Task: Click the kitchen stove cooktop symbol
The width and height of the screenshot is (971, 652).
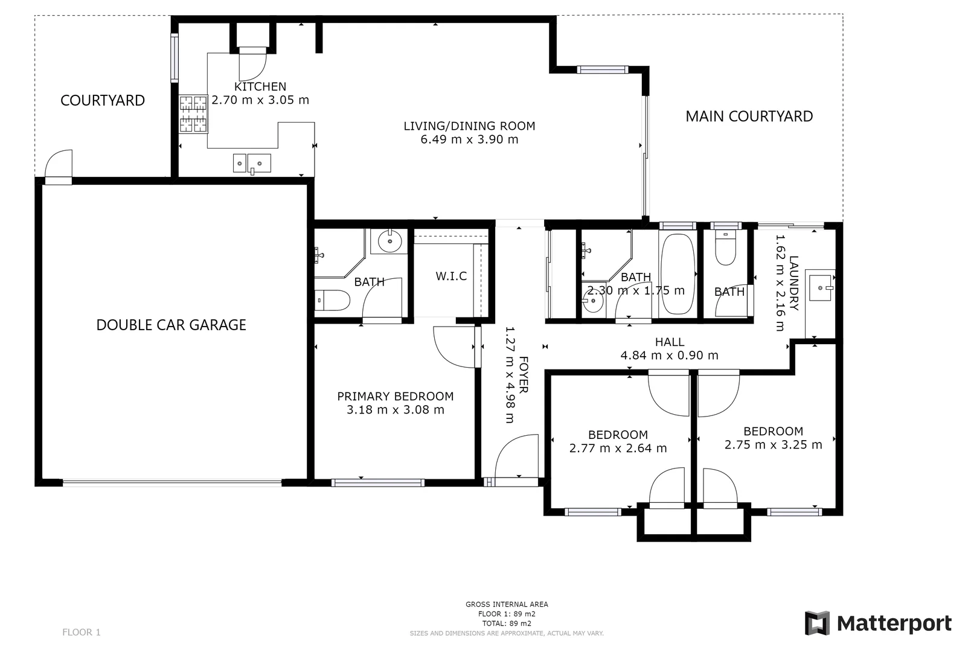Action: coord(193,114)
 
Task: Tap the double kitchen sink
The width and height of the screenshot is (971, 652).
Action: coord(252,163)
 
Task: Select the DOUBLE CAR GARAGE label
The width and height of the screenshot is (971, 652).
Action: coord(171,325)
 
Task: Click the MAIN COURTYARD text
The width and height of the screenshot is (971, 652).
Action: coord(749,117)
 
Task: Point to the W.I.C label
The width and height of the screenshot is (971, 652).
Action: coord(451,276)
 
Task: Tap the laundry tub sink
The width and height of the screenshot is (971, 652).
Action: coord(821,287)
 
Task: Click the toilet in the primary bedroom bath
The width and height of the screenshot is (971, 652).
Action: coord(333,299)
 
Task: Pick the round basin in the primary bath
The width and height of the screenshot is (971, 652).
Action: coord(389,241)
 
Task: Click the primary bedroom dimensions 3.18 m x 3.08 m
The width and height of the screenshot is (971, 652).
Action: coord(395,410)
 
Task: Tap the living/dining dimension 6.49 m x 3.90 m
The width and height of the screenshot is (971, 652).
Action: coord(469,139)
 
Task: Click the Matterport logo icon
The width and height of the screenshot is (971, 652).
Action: coord(817,623)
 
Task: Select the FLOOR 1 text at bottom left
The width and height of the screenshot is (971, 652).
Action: coord(81,632)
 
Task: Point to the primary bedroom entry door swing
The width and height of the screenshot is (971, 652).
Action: coord(454,346)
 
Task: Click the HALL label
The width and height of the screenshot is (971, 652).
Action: coord(669,342)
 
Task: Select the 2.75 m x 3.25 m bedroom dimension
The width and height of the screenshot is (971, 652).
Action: coord(773,445)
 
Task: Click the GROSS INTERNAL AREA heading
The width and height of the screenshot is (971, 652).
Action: coord(507,604)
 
